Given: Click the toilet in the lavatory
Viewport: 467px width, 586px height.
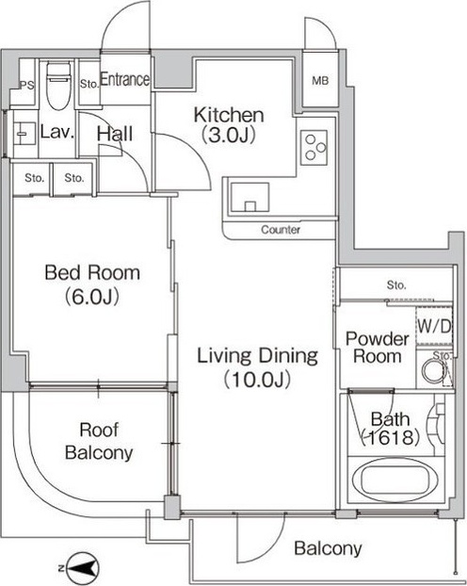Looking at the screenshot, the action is click(58, 87).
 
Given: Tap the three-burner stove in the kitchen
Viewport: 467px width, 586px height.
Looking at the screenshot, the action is click(314, 148).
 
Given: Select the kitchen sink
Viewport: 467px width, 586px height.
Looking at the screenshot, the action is click(250, 198).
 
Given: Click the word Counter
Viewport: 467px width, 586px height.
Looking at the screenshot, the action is click(281, 230).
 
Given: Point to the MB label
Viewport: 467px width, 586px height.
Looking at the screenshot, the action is click(320, 80).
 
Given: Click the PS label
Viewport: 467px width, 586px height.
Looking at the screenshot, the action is click(27, 85).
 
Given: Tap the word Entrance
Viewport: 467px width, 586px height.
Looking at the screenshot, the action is click(125, 79).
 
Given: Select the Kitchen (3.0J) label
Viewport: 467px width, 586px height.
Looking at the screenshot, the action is click(229, 125).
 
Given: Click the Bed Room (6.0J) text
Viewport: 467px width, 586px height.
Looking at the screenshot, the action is click(92, 285).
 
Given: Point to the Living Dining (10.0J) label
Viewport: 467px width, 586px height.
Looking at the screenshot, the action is click(257, 367).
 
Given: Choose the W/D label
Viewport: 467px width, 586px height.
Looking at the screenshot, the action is click(434, 327).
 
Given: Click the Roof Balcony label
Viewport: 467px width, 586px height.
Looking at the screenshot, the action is click(99, 441).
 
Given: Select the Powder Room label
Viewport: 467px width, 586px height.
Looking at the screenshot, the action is click(378, 348).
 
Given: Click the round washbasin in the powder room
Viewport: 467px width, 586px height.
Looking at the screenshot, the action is click(434, 371).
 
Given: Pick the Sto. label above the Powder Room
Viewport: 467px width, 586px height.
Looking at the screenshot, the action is click(396, 285).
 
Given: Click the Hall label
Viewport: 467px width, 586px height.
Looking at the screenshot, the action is click(115, 134).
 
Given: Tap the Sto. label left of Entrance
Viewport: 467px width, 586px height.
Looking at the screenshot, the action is click(89, 84).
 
